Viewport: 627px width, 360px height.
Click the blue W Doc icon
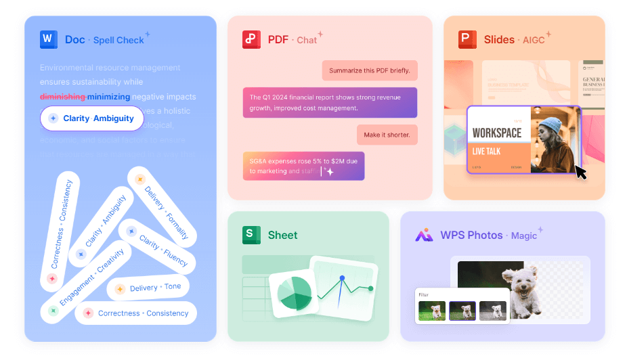coord(48,39)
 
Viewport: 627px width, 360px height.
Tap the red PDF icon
coord(251,39)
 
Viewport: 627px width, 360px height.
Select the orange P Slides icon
coord(467,39)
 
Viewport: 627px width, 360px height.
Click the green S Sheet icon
coord(251,235)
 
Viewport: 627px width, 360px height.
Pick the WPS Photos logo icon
coord(424,235)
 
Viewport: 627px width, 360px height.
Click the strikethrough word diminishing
coord(62,97)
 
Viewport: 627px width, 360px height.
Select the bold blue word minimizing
coord(108,97)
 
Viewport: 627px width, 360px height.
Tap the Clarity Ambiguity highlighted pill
coord(91,118)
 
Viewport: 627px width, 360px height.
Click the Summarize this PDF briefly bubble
coord(369,70)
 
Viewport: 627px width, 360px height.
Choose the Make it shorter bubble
coord(387,135)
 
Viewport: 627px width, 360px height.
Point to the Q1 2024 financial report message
coord(330,102)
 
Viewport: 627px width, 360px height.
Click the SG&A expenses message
coord(303,166)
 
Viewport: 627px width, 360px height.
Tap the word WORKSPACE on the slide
coord(496,133)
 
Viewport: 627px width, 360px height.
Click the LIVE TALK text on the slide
coord(486,151)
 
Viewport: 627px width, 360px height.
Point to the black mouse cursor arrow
coord(580,172)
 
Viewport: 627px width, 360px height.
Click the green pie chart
coord(293,292)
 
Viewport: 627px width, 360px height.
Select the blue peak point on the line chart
coord(342,278)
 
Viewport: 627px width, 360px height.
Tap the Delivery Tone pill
coord(148,288)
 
